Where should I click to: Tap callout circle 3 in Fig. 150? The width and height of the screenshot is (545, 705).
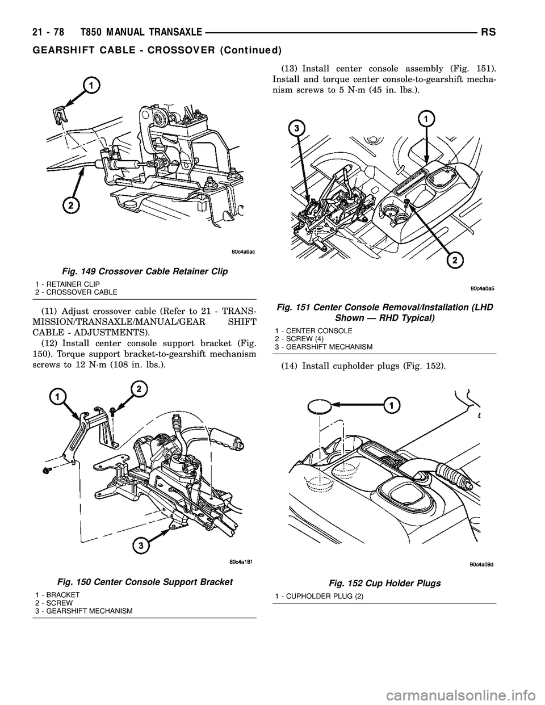[x=140, y=545]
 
